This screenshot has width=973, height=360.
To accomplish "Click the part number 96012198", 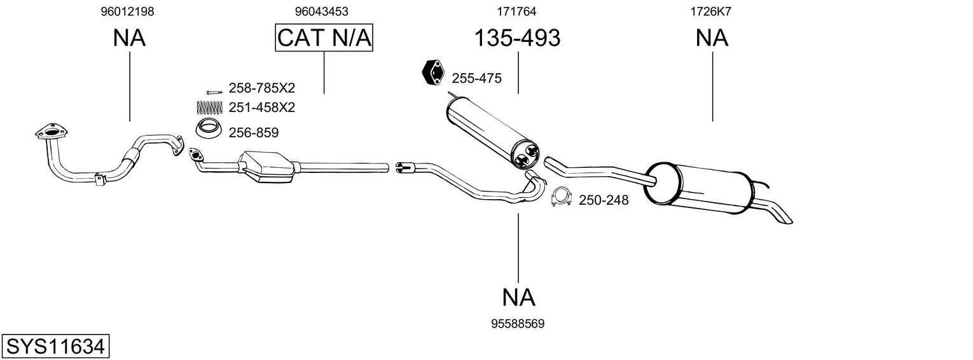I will [x=127, y=11].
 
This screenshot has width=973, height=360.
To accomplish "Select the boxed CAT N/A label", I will [x=324, y=38].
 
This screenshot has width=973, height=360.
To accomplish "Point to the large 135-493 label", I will [x=518, y=38].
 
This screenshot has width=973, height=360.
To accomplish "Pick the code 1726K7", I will [x=712, y=11].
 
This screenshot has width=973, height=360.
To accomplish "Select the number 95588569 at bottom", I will [x=518, y=324].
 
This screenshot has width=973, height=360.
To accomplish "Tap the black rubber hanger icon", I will [x=434, y=73].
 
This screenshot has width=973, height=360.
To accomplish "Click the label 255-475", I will [x=476, y=79].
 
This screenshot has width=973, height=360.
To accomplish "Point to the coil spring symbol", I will [x=208, y=107].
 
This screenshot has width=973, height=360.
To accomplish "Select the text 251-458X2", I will [x=262, y=107].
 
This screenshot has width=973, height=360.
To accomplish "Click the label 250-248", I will [x=603, y=201].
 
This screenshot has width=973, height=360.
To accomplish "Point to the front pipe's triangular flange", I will [x=50, y=132].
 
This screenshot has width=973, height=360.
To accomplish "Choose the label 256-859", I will [x=253, y=133].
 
